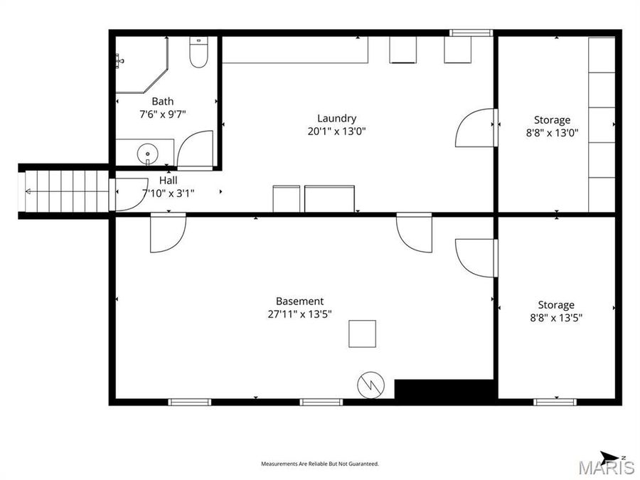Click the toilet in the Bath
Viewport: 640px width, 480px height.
coord(198,53)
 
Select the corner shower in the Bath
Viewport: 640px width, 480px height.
coord(141,65)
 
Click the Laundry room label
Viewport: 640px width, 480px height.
coord(336,118)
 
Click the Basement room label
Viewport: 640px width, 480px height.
coord(299,301)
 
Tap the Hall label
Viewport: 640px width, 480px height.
coord(168,181)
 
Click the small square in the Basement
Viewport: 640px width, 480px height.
coord(362,334)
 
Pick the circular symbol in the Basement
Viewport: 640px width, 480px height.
coord(370,385)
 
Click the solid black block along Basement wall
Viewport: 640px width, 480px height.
coord(444,390)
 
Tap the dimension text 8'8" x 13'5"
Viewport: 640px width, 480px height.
coord(555,318)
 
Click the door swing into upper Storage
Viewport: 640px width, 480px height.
coord(474,127)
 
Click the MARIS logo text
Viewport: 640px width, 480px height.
coord(607,467)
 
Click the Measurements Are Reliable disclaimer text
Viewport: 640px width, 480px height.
coord(320,464)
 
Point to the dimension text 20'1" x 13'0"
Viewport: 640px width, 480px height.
coord(336,131)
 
